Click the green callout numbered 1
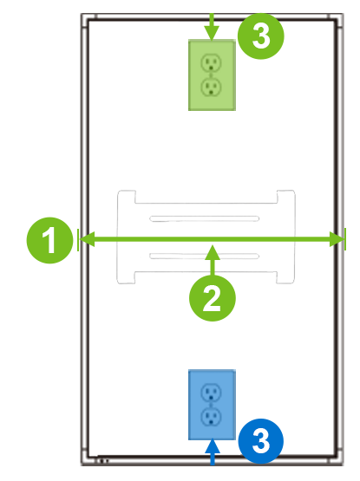[x=50, y=240]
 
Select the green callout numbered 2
[x=213, y=298]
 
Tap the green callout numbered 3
[x=260, y=36]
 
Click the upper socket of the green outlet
[x=211, y=62]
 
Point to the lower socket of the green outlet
[x=211, y=87]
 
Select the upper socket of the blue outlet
[x=211, y=393]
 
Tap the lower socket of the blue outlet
[x=211, y=417]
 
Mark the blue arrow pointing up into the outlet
[x=212, y=448]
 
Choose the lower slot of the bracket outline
[x=205, y=256]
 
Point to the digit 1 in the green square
[x=50, y=240]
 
